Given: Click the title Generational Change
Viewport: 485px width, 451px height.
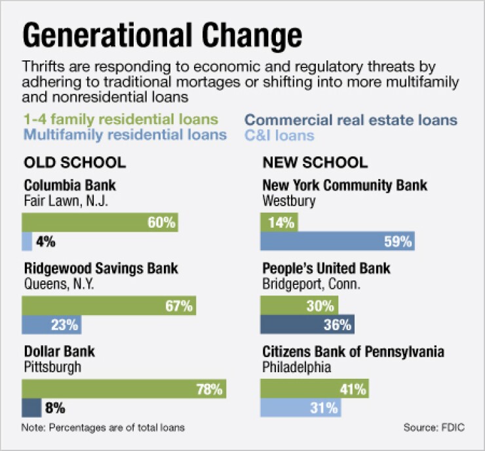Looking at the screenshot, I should (x=163, y=34).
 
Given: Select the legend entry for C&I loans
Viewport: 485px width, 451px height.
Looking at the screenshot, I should (x=279, y=136).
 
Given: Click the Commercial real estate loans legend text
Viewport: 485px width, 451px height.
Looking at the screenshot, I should (x=351, y=120).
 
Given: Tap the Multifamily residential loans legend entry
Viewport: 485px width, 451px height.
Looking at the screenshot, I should (x=125, y=136).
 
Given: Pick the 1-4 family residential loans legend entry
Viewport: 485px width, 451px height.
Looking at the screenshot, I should (x=120, y=120).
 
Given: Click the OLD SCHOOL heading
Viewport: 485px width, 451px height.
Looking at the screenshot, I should (x=75, y=162).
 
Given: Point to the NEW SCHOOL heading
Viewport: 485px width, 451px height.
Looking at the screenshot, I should (x=315, y=162).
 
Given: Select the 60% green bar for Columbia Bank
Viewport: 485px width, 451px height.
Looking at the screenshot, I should (x=100, y=223).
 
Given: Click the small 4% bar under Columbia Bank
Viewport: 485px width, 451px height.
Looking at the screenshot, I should (x=28, y=242).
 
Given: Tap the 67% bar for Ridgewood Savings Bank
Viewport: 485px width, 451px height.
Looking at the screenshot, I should (x=109, y=305).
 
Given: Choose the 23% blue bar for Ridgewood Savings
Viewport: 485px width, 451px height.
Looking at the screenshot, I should (x=52, y=324).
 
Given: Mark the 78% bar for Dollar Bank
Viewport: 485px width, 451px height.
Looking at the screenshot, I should (x=125, y=389).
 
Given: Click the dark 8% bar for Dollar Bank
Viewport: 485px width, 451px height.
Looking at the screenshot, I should (x=32, y=408).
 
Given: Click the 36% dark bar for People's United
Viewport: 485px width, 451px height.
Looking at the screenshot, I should (x=307, y=324).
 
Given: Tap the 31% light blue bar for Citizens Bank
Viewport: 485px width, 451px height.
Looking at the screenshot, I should (x=301, y=408).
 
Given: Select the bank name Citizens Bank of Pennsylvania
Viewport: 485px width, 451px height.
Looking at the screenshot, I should (x=353, y=352).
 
